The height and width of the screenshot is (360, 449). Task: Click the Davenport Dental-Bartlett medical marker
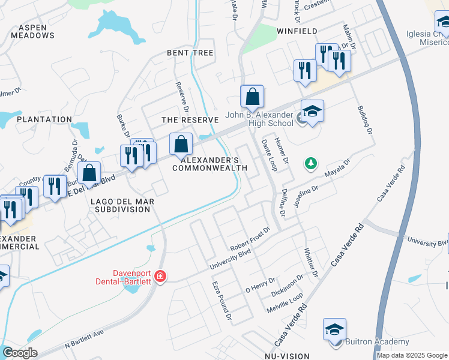tap(160, 277)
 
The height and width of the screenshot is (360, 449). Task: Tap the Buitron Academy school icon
tap(334, 331)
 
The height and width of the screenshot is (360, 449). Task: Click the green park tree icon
tap(310, 163)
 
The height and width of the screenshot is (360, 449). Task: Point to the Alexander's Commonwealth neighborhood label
tap(210, 164)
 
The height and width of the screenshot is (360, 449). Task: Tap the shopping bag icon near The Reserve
tap(181, 145)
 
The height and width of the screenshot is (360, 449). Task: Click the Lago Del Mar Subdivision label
tap(121, 205)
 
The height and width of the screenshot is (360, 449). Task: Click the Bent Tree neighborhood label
tap(190, 53)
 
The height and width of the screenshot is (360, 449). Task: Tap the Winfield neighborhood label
tap(297, 31)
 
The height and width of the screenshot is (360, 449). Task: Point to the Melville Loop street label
tap(286, 304)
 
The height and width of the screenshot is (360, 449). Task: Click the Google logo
tap(20, 353)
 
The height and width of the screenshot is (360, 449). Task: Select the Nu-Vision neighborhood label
tap(286, 356)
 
